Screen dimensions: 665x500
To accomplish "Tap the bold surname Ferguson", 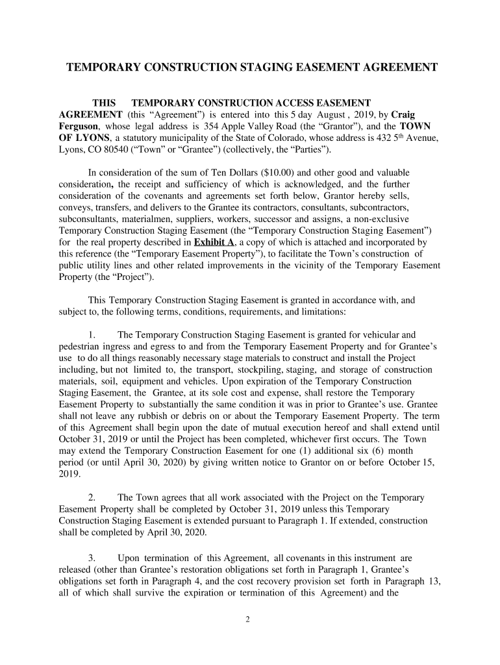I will click(x=79, y=126).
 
